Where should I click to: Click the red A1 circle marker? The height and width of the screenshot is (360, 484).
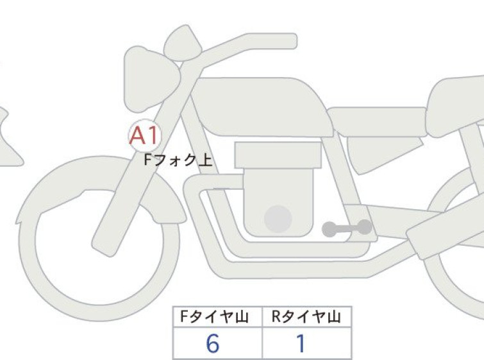tap(145, 135)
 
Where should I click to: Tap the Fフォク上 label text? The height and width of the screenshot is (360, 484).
tap(178, 160)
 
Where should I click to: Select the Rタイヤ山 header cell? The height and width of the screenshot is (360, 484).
tap(306, 317)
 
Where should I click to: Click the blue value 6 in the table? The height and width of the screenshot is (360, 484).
tap(213, 343)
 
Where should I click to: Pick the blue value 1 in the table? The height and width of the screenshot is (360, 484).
tap(301, 343)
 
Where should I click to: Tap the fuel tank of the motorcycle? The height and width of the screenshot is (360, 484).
tap(262, 107)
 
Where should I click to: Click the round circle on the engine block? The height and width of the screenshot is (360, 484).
tap(278, 219)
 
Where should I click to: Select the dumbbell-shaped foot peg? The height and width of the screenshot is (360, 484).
tap(347, 228)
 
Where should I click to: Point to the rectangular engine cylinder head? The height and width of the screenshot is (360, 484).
tap(278, 155)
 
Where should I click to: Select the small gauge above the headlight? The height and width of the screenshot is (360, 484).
tap(183, 43)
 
